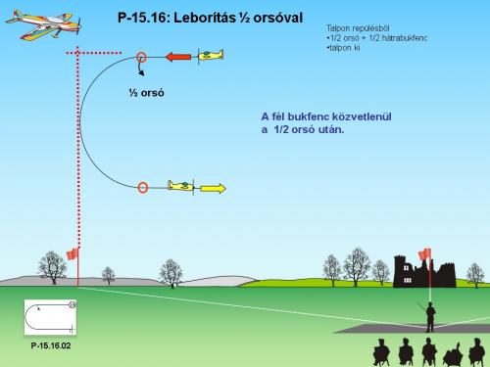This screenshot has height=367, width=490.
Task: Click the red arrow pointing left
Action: click(x=178, y=57)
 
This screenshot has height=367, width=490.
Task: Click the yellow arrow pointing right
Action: click(x=213, y=189)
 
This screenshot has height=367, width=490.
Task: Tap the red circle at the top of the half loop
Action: click(x=141, y=58)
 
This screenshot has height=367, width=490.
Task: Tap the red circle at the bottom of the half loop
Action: click(x=143, y=188)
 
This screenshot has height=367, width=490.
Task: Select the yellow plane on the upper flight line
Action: click(x=211, y=55)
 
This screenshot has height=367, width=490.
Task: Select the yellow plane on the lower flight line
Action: click(x=181, y=186)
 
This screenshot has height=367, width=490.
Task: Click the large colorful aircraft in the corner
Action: click(x=43, y=24)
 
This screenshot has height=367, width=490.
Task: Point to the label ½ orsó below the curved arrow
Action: click(x=146, y=93)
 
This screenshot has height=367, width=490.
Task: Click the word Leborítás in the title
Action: click(x=205, y=18)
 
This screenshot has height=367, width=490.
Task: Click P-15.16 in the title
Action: click(x=142, y=18)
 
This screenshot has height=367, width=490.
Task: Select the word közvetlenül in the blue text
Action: click(x=362, y=116)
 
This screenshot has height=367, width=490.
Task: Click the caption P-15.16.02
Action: click(x=51, y=345)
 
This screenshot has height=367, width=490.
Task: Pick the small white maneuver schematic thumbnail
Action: click(x=50, y=317)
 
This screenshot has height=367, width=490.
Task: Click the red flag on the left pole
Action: click(x=73, y=253)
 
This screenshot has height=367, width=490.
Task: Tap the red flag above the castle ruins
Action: click(x=424, y=253)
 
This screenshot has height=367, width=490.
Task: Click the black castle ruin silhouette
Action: click(x=423, y=271)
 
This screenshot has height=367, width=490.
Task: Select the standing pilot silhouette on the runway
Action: click(x=430, y=317)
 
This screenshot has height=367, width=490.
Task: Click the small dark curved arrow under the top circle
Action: click(x=140, y=68)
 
